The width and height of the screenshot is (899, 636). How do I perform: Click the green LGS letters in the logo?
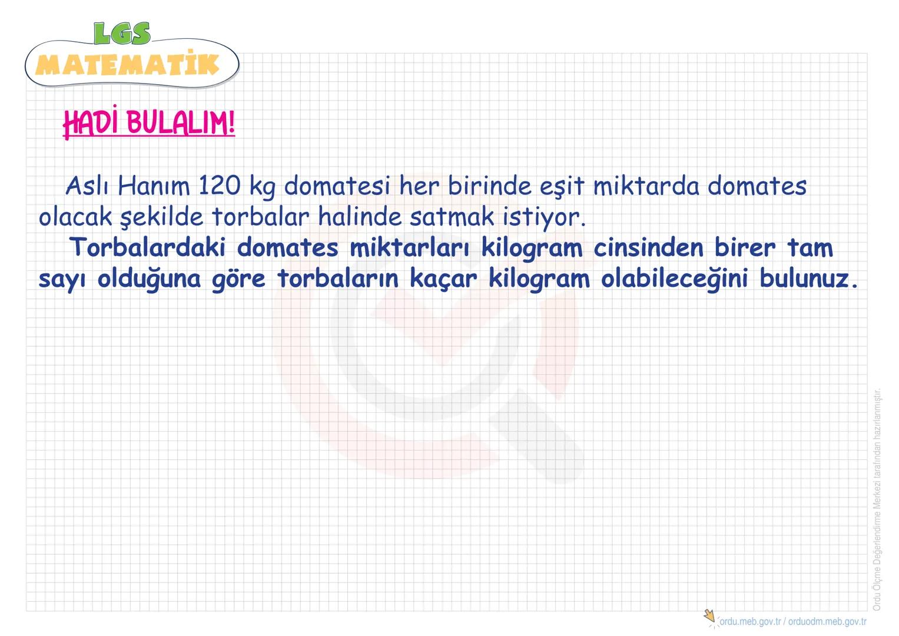[122, 34]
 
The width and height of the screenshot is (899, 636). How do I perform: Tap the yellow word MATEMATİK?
[127, 65]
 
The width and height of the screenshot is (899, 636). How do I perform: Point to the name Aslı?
[87, 187]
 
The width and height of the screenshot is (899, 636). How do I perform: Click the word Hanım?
[154, 187]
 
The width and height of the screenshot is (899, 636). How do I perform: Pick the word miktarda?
[646, 187]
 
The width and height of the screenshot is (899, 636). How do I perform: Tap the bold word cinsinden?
[648, 248]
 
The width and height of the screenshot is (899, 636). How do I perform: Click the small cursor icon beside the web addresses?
[710, 617]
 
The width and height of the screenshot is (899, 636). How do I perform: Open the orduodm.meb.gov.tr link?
[827, 621]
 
